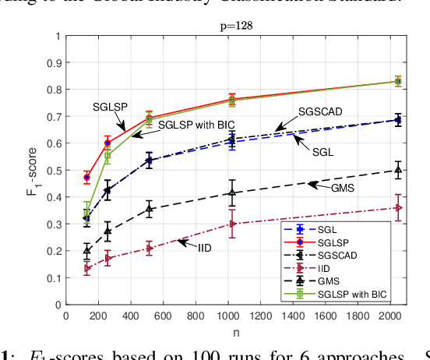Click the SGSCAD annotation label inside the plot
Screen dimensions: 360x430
coord(320,112)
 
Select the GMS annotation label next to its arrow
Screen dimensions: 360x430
coord(340,186)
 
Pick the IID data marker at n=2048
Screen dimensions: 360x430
coord(399,208)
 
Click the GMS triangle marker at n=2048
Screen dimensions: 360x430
coord(399,170)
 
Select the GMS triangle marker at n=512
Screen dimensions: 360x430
coord(149,209)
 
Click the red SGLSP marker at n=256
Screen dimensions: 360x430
coord(107,143)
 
